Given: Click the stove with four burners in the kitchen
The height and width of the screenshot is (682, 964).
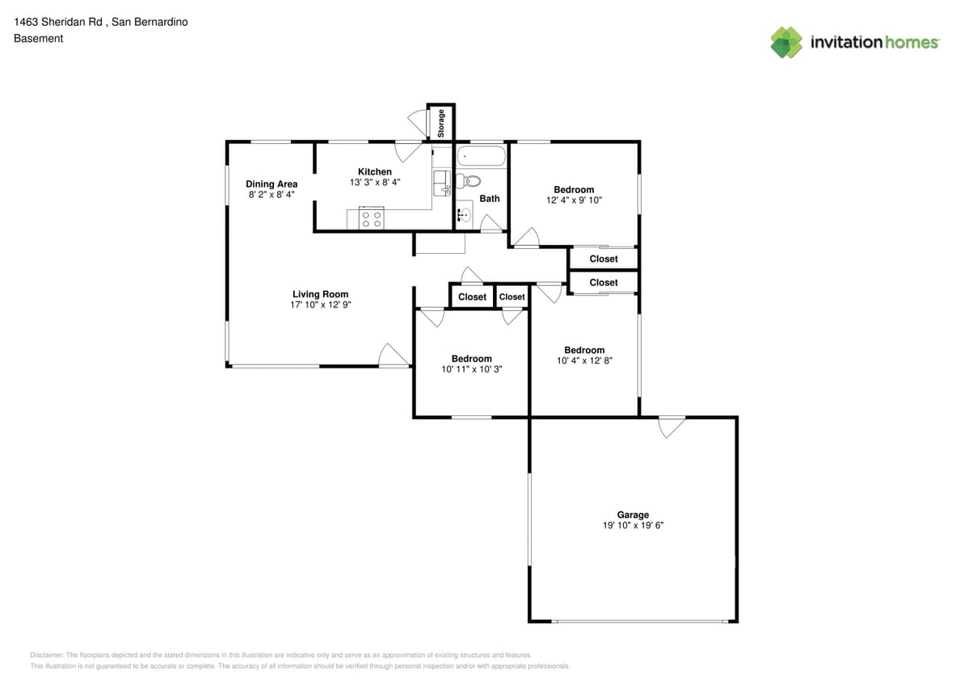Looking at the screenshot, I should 372,219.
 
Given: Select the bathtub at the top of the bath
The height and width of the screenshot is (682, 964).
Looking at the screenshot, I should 481,156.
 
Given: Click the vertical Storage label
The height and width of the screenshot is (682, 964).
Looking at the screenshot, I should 441,123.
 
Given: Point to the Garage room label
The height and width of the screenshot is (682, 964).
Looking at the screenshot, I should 633,515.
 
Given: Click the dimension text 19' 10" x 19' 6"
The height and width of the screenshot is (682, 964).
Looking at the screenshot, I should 633,525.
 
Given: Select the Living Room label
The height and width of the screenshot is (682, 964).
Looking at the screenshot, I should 320,294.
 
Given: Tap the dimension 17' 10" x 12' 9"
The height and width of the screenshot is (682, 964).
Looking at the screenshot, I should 320,305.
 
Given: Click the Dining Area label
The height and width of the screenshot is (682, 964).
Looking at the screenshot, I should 272,184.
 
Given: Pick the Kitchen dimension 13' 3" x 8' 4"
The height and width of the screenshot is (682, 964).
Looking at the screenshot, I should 374,183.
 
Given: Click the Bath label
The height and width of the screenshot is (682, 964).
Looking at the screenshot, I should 490,198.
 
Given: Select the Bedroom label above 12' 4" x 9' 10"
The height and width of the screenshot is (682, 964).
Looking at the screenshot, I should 574,190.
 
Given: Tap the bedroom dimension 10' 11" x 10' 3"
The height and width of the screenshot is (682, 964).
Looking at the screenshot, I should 472,369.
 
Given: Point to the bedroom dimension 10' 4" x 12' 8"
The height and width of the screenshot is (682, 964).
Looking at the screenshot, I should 584,361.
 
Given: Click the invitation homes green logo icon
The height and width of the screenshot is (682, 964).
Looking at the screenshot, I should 786,42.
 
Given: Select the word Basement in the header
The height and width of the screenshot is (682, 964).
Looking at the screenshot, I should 38,38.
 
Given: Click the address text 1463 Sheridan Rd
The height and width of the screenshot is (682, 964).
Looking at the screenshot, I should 57,22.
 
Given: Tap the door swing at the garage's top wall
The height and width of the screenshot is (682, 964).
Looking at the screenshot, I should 671,426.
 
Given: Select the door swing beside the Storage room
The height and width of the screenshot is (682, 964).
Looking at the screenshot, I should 418,121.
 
